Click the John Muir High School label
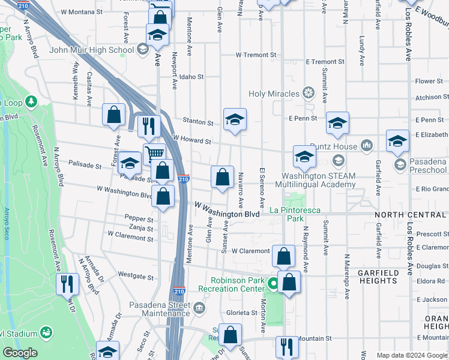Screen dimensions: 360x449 pos(92,50)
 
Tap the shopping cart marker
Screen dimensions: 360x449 pos(154,154)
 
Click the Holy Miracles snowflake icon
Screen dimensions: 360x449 pos(308,93)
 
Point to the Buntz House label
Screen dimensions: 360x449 pos(334,146)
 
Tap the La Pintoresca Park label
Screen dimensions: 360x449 pos(295,214)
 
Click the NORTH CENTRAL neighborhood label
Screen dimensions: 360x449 pos(410,215)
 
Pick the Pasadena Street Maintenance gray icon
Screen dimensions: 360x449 pos(200,308)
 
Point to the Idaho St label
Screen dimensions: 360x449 pos(192,77)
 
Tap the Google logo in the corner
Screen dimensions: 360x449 pos(20,353)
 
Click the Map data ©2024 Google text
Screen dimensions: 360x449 pos(411,355)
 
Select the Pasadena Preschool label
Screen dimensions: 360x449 pos(428,166)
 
